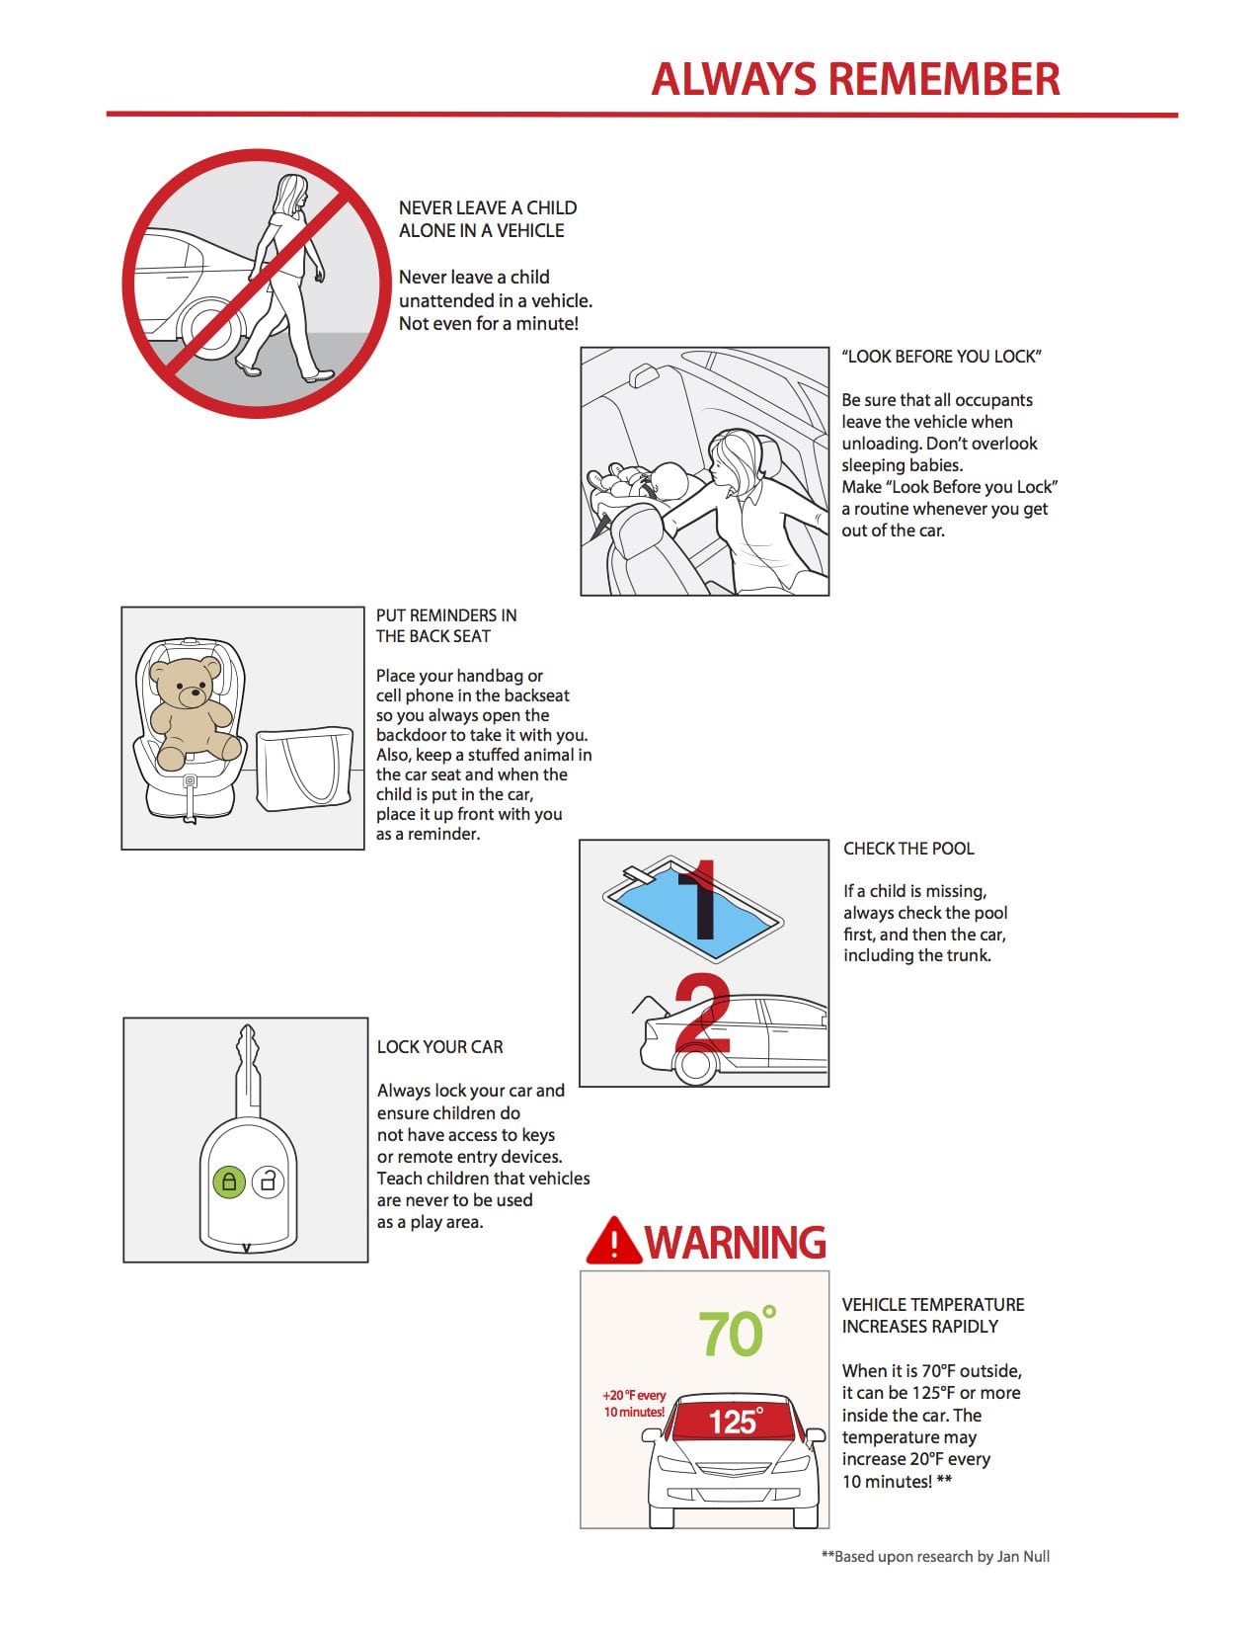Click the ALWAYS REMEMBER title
coord(855,79)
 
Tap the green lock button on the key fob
coord(229,1181)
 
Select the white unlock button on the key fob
coord(268,1181)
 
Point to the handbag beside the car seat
coord(303,770)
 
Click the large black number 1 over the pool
coord(702,900)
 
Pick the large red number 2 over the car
coord(702,1015)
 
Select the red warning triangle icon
coord(612,1242)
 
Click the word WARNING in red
coord(736,1243)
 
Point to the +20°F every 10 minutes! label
coord(634,1404)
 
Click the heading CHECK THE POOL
coord(908,849)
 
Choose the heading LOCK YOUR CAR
coord(440,1047)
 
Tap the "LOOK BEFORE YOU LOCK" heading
coord(941,357)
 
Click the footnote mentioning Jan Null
coord(935,1557)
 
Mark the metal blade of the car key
coord(247,1072)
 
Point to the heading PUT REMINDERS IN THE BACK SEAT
coord(446,625)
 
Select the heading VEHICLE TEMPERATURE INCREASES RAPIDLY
coord(933,1315)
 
